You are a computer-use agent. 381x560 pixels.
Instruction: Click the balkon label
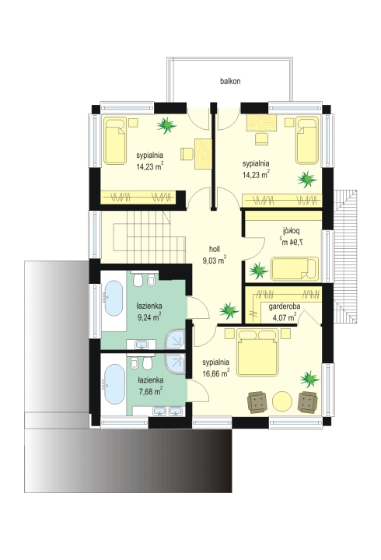(230, 81)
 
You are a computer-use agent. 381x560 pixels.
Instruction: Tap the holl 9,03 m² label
(215, 254)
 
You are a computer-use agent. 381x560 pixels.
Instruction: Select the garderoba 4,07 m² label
(285, 311)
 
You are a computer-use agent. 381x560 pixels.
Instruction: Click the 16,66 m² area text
(215, 373)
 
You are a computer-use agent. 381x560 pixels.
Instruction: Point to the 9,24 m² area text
(149, 317)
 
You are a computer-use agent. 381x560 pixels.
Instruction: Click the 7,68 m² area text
(151, 391)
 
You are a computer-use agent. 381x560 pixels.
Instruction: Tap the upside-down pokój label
(292, 230)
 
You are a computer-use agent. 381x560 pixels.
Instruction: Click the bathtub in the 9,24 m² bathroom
(114, 298)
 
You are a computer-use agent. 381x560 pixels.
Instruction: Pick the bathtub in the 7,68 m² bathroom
(114, 384)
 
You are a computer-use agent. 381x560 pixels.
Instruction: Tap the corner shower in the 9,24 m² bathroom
(175, 339)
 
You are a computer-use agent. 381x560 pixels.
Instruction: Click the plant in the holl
(229, 310)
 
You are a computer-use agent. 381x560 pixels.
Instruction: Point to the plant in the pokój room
(258, 271)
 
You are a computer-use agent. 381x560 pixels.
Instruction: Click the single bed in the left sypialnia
(115, 141)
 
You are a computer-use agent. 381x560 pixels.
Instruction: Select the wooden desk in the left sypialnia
(203, 154)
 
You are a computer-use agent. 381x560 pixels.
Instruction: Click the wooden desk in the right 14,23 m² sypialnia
(261, 123)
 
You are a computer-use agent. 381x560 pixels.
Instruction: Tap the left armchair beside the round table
(257, 402)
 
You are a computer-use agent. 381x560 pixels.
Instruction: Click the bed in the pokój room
(295, 268)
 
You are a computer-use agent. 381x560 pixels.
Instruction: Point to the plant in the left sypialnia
(166, 125)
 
